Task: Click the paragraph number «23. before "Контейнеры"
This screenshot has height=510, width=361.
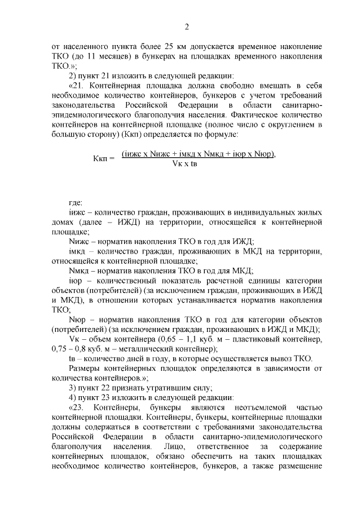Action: (76, 406)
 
